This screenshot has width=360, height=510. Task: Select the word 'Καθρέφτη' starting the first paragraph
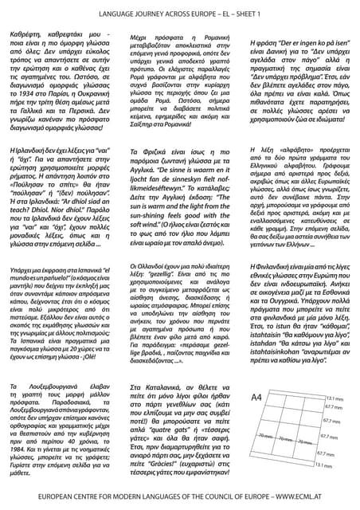[x=28, y=36]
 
